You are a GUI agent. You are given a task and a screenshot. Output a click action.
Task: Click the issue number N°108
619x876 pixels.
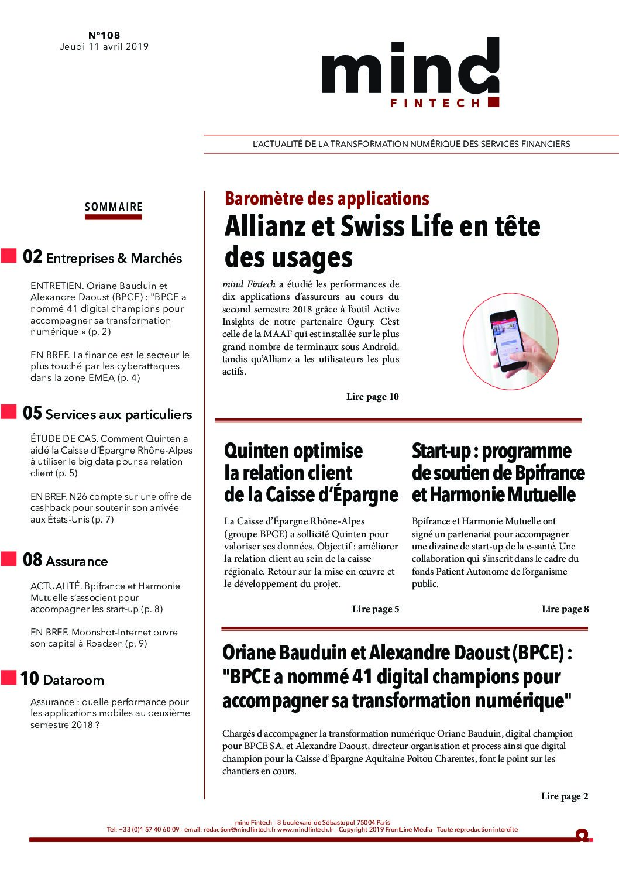tap(104, 35)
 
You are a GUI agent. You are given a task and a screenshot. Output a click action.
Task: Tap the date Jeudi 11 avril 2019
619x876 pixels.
tap(104, 47)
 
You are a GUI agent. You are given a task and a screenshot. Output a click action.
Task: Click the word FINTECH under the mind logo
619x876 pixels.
tap(435, 103)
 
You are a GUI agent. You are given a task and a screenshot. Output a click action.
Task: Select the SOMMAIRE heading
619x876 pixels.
tap(114, 207)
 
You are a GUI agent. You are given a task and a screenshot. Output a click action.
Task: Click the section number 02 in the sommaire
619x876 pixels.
tap(32, 257)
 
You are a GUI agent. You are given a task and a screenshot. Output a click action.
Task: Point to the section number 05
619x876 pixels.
tap(32, 413)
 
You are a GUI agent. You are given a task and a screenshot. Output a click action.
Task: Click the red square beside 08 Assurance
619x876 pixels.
tap(9, 559)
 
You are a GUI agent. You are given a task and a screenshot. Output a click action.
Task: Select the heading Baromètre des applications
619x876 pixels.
tap(326, 199)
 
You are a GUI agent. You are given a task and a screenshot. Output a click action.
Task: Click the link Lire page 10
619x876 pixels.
tap(372, 397)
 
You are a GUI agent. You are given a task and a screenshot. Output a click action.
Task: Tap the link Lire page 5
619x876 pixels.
tap(376, 609)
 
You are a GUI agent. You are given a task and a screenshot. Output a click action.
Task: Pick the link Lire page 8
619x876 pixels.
tap(565, 609)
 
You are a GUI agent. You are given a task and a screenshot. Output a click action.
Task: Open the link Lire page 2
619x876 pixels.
tap(565, 796)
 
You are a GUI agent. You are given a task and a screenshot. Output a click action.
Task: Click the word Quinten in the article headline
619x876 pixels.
tap(257, 451)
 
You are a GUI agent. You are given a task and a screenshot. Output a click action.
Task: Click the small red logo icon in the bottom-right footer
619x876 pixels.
tap(582, 835)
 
